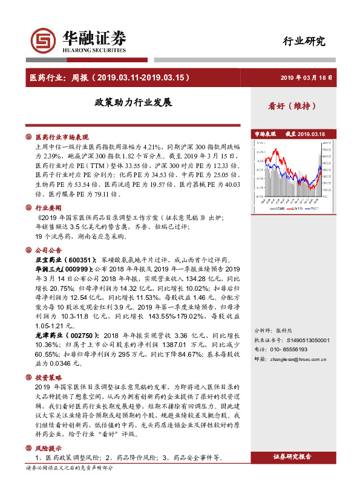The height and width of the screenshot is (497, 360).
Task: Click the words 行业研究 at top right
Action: coord(304,41)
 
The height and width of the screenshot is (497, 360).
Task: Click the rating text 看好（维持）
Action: coord(292,105)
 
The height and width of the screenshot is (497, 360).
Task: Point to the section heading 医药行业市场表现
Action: coord(62,137)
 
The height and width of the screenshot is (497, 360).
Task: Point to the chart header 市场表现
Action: coord(265,134)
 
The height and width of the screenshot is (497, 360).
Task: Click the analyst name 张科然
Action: coord(284,331)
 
